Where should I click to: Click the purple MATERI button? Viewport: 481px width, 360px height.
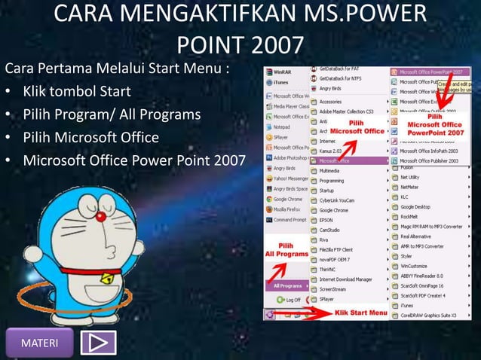click(39, 343)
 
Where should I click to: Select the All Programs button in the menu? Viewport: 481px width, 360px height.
click(287, 286)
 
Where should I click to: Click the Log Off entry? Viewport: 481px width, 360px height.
click(290, 300)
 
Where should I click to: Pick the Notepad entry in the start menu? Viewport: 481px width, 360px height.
click(282, 127)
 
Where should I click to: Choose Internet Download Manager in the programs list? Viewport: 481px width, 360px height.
click(346, 279)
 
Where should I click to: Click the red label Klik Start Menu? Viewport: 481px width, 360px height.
click(361, 313)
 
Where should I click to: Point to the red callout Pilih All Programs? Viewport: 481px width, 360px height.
click(286, 250)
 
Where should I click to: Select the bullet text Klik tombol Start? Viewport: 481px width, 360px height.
click(77, 92)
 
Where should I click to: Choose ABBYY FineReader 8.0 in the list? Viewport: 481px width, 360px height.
click(426, 276)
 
